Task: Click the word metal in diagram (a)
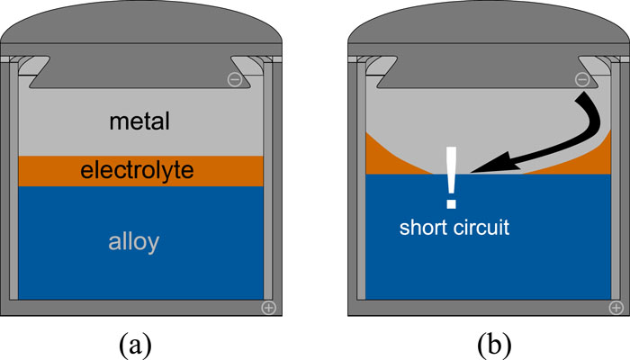[x=139, y=121]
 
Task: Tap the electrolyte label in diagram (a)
[x=139, y=170]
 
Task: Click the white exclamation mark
[x=452, y=176]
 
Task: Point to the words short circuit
[x=454, y=228]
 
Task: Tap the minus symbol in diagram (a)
[x=234, y=80]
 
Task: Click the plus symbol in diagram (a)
[x=267, y=308]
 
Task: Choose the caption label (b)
[x=488, y=342]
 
